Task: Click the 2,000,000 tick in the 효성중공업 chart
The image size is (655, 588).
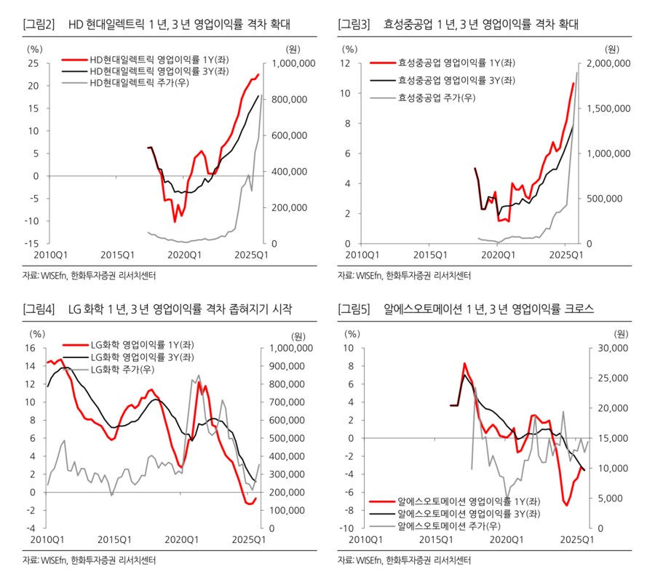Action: pyautogui.click(x=608, y=63)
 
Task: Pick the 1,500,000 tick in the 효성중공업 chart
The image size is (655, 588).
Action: pyautogui.click(x=608, y=108)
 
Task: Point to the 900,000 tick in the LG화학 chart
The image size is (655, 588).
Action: pyautogui.click(x=293, y=366)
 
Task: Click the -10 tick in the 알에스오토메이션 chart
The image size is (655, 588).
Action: pyautogui.click(x=345, y=528)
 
